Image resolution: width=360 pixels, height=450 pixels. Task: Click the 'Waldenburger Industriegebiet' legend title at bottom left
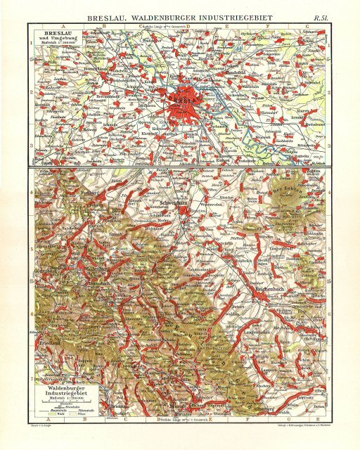point(63,385)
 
